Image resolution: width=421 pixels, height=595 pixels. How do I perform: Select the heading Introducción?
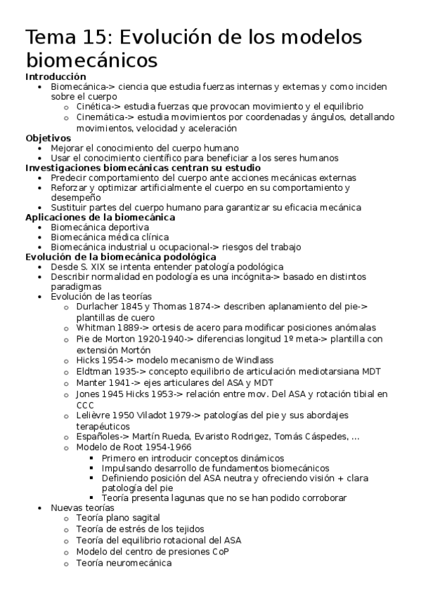click(56, 76)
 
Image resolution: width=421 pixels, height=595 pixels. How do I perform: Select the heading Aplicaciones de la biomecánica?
click(100, 218)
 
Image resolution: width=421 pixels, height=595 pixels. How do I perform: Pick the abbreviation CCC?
click(86, 404)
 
